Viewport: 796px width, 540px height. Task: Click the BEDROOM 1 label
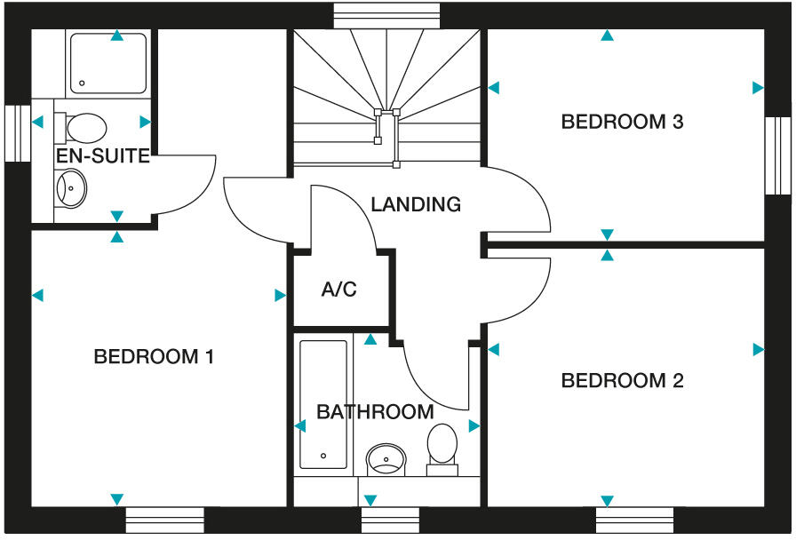(x=154, y=357)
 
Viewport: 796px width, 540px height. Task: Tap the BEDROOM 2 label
(x=622, y=381)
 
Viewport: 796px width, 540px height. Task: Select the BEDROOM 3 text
(x=622, y=122)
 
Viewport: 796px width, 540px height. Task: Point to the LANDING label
(x=416, y=204)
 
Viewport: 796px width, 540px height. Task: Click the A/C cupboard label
(x=339, y=290)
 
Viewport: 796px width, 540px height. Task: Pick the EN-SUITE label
(x=102, y=157)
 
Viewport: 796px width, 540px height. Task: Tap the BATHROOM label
(x=375, y=412)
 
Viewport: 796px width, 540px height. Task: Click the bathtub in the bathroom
(x=323, y=404)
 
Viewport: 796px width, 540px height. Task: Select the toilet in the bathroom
(x=442, y=448)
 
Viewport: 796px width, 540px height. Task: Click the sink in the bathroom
(x=386, y=458)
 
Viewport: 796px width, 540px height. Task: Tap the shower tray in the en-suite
(x=108, y=62)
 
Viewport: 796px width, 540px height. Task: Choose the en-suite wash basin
(x=70, y=188)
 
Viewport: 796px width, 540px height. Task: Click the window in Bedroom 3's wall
(x=777, y=155)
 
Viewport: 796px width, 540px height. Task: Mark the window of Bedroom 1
(x=164, y=519)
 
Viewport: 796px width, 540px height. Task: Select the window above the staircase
(x=386, y=15)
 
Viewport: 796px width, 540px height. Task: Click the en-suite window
(x=17, y=133)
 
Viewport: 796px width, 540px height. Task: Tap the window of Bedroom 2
(x=634, y=519)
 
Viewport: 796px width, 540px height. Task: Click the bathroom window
(x=389, y=519)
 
